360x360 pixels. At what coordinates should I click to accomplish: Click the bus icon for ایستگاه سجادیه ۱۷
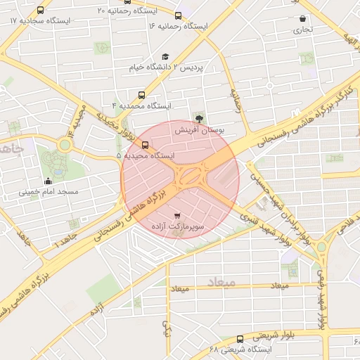[x=40, y=11]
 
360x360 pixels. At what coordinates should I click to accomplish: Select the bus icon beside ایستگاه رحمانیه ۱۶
[x=179, y=15]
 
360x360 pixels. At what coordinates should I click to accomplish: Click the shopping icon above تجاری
[x=302, y=19]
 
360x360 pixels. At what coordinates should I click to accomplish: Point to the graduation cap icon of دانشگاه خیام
[x=165, y=57]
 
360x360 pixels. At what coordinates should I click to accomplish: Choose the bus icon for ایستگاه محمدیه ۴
[x=143, y=95]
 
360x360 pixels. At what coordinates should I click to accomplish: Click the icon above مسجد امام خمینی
[x=48, y=181]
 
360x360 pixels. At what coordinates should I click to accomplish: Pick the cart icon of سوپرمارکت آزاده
[x=176, y=216]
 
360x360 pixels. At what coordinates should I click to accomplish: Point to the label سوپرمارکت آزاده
[x=178, y=228]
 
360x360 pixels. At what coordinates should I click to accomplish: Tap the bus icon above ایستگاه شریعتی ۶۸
[x=240, y=339]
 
